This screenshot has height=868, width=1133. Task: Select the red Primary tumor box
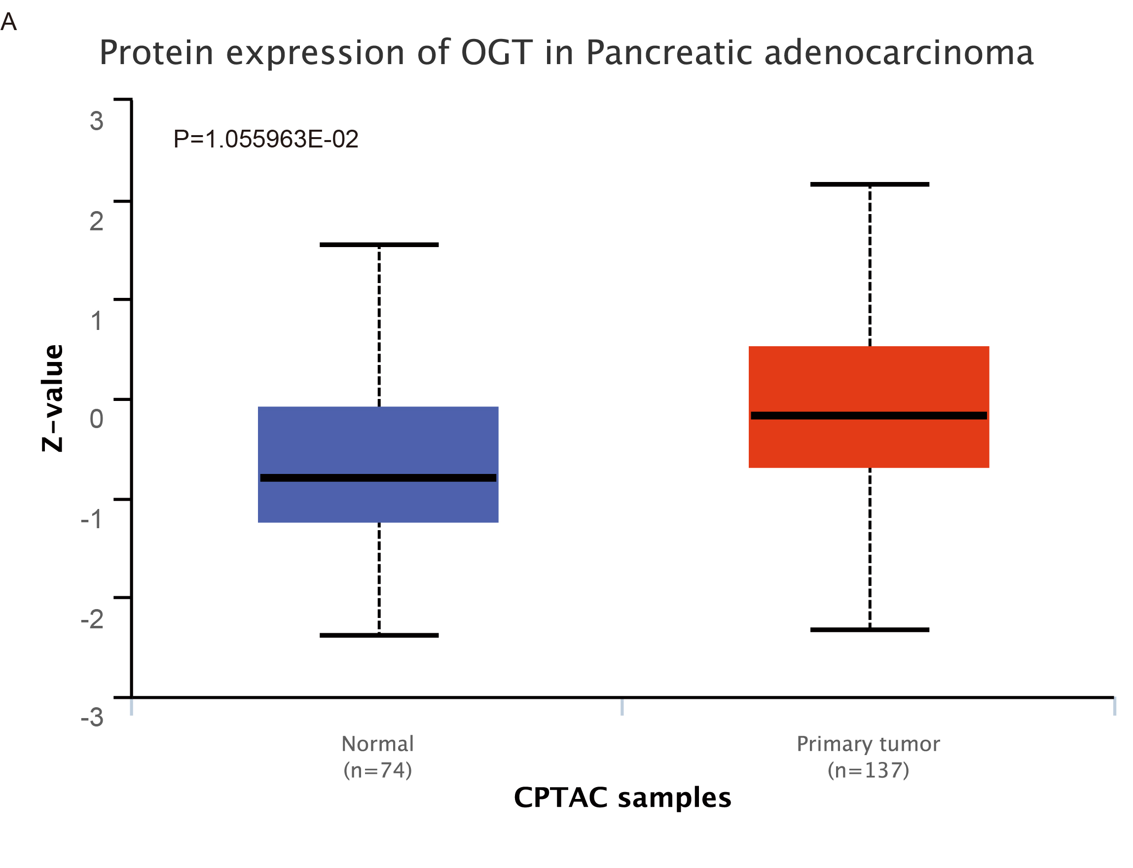click(x=869, y=382)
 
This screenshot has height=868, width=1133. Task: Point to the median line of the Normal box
click(x=378, y=478)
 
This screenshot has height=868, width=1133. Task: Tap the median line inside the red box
click(x=869, y=415)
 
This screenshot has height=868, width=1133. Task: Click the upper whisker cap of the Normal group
click(x=379, y=245)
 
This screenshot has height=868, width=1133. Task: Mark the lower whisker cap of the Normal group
click(x=379, y=635)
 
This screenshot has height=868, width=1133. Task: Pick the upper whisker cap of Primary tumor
click(x=870, y=184)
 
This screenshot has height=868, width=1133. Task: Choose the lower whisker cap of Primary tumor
click(x=870, y=630)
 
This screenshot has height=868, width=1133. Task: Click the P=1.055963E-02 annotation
click(x=265, y=139)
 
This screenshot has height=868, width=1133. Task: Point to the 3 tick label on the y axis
click(x=97, y=121)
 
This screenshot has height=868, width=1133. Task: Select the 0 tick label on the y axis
click(x=97, y=418)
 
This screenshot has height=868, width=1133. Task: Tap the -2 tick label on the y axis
click(x=92, y=618)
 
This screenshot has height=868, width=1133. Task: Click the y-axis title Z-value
click(x=53, y=398)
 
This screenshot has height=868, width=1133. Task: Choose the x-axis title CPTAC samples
click(x=622, y=797)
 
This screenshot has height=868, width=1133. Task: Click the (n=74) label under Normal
click(x=378, y=770)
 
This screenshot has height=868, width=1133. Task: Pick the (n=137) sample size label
click(x=868, y=770)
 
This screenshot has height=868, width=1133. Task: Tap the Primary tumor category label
click(x=868, y=744)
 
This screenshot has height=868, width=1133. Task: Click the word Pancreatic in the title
click(x=668, y=53)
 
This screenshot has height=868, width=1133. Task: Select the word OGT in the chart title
click(x=497, y=53)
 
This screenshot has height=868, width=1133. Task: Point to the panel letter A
click(x=9, y=22)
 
